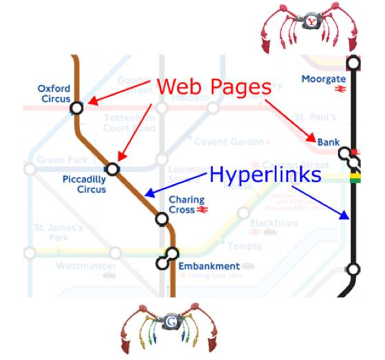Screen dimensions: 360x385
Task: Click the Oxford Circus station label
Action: pos(54,94)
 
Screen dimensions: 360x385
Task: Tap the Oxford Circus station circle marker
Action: pos(76,108)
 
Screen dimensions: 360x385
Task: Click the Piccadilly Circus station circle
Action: pos(112,169)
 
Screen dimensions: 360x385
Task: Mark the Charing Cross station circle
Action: pos(161,218)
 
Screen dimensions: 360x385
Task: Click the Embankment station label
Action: pos(209,266)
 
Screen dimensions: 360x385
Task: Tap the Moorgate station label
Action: pos(323,79)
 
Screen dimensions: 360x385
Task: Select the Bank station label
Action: pos(328,142)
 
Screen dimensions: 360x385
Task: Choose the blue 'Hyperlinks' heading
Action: pos(265,175)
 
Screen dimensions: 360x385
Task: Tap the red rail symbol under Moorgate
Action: pos(339,90)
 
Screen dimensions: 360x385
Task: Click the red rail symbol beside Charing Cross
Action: pos(203,210)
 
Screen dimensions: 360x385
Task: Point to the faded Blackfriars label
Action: pos(274,223)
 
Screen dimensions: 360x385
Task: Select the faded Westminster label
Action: pos(86,266)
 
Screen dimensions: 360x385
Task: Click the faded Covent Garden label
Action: pos(229,142)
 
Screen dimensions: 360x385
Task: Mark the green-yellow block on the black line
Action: pos(354,178)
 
